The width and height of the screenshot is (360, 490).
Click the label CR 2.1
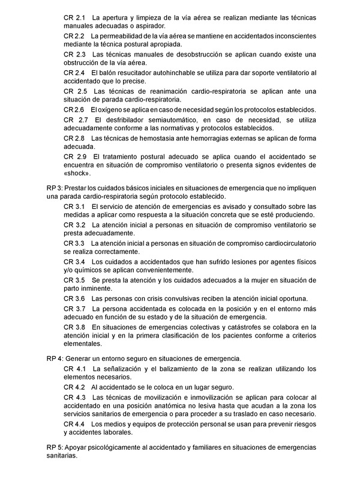74,19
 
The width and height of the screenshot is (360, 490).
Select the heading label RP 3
55,188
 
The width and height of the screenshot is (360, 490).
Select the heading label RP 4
55,358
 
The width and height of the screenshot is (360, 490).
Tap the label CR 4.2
74,387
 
